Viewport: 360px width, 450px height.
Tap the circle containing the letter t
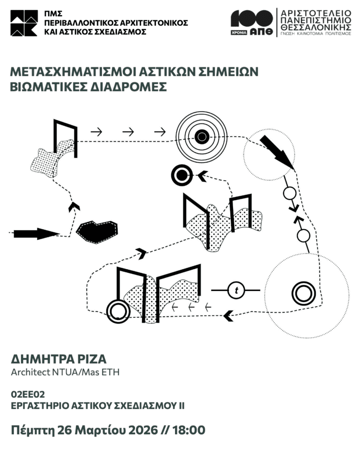pyautogui.click(x=236, y=290)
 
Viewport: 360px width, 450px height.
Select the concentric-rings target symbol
pyautogui.click(x=201, y=137)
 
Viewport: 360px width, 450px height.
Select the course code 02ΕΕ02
pyautogui.click(x=27, y=394)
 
